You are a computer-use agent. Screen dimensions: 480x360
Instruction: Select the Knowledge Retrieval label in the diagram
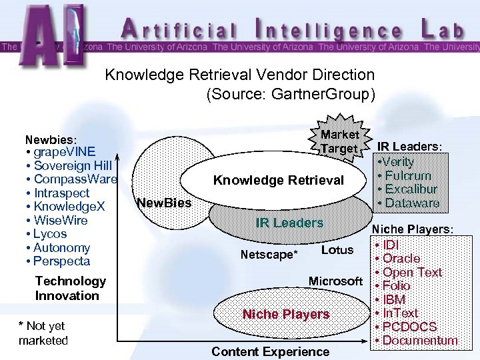278,180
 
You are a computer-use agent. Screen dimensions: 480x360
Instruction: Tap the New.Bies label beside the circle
163,203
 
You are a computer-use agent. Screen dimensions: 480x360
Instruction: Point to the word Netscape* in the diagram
269,255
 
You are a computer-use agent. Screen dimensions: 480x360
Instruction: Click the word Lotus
337,250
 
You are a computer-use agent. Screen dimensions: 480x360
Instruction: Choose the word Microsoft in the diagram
335,281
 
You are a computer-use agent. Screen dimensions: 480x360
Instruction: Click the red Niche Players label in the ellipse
285,314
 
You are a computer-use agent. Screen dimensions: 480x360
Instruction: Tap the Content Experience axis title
270,351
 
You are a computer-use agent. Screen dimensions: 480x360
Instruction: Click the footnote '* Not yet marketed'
43,333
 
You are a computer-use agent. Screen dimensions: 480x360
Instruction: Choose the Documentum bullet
418,341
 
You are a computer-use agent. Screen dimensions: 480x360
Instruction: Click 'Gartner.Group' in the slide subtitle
329,94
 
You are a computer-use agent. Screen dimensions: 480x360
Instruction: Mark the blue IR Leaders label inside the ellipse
289,223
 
